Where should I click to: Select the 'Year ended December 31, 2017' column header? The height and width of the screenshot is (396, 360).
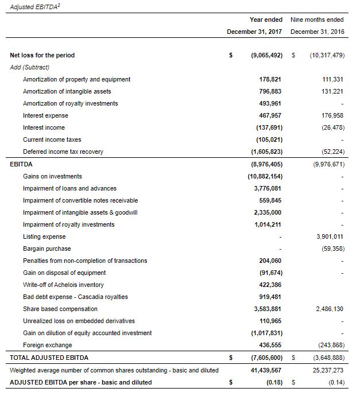254,25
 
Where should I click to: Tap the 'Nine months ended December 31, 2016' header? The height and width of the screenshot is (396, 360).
317,25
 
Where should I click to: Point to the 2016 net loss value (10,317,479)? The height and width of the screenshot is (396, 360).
326,56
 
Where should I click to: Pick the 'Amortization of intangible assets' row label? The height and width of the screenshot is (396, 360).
67,91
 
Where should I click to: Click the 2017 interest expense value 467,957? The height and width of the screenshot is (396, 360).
270,115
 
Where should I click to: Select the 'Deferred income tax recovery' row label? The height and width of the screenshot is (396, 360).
63,152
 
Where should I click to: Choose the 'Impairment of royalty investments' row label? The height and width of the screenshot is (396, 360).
68,224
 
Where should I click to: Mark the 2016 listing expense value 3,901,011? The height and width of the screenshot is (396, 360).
330,236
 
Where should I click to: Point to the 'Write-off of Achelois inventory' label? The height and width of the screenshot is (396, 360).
63,285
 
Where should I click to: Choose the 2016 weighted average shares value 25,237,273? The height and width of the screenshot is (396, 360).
328,370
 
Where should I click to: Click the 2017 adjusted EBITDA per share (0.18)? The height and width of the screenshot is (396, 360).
273,382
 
